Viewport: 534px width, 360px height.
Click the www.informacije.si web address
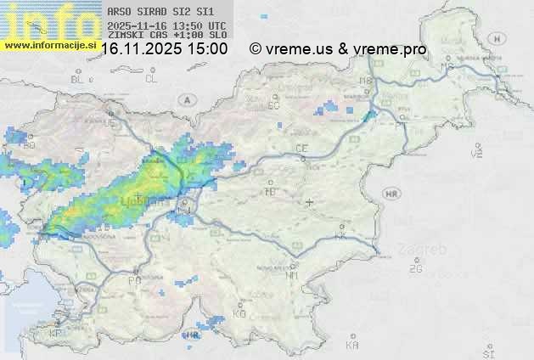click(48, 45)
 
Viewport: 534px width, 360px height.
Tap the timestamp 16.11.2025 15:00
click(164, 49)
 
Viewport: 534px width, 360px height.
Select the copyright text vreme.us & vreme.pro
click(338, 49)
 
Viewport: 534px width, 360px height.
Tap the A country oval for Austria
click(186, 99)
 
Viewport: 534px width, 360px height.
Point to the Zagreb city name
click(427, 250)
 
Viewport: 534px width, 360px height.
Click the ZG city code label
click(415, 269)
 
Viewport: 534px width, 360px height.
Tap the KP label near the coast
click(55, 334)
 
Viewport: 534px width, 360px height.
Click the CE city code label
click(301, 149)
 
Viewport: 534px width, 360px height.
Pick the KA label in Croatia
click(353, 346)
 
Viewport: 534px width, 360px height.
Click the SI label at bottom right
click(487, 351)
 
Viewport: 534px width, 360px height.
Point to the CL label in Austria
click(151, 79)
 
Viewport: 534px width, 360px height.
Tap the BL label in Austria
click(77, 79)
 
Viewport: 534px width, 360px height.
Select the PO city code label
click(134, 280)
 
